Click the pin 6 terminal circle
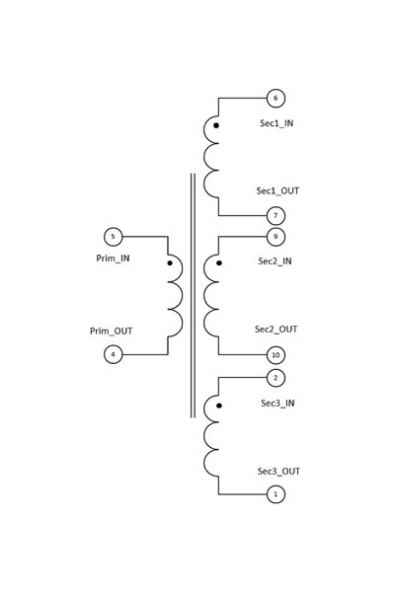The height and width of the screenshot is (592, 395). pyautogui.click(x=276, y=98)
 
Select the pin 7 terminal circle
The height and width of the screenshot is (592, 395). pyautogui.click(x=276, y=216)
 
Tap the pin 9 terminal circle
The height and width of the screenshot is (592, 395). pyautogui.click(x=276, y=237)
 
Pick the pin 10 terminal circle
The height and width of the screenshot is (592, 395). pyautogui.click(x=276, y=355)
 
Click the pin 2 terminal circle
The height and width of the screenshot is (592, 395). pyautogui.click(x=276, y=378)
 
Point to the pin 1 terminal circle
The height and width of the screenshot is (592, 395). pyautogui.click(x=276, y=494)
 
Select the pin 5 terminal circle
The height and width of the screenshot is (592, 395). pyautogui.click(x=113, y=237)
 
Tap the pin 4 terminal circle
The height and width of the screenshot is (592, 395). pyautogui.click(x=113, y=354)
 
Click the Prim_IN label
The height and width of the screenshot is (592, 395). pyautogui.click(x=113, y=259)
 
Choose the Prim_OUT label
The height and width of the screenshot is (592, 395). pyautogui.click(x=112, y=332)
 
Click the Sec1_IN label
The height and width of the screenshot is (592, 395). pyautogui.click(x=276, y=123)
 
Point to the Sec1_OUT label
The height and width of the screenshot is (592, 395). pyautogui.click(x=277, y=190)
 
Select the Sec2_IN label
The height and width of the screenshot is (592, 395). pyautogui.click(x=275, y=261)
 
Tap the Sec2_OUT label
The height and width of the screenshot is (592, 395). pyautogui.click(x=276, y=330)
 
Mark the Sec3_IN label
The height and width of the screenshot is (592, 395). pyautogui.click(x=277, y=404)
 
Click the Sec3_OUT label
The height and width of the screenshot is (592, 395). pyautogui.click(x=278, y=472)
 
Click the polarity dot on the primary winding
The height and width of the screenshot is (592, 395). pyautogui.click(x=170, y=262)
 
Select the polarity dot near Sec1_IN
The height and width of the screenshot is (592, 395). pyautogui.click(x=216, y=125)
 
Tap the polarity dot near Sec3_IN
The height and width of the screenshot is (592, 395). pyautogui.click(x=219, y=406)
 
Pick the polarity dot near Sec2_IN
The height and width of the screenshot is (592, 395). pyautogui.click(x=219, y=262)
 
